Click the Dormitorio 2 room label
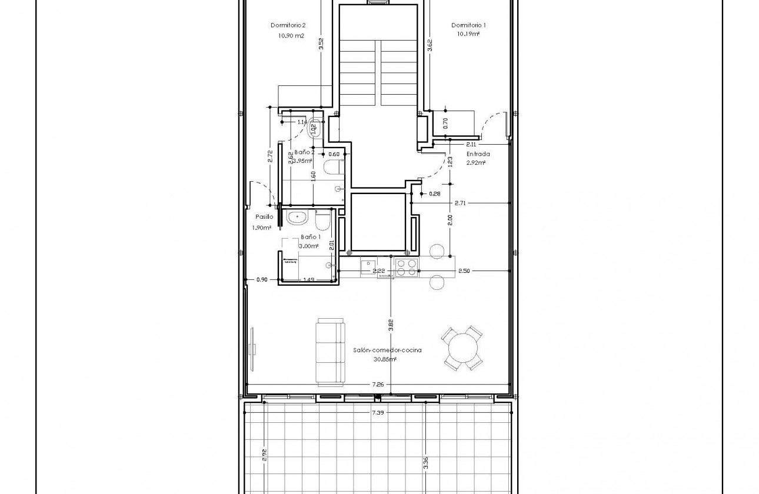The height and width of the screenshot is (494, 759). tap(288, 25)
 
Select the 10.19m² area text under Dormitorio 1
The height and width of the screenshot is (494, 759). tap(468, 34)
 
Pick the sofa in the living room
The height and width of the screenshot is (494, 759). tap(331, 351)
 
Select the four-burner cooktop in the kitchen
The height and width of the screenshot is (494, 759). tap(406, 267)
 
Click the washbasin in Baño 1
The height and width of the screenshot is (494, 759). tap(298, 218)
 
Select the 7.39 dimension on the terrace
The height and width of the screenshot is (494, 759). tap(378, 413)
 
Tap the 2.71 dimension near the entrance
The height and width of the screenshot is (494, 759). tap(460, 203)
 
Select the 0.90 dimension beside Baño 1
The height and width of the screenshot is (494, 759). tap(262, 279)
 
